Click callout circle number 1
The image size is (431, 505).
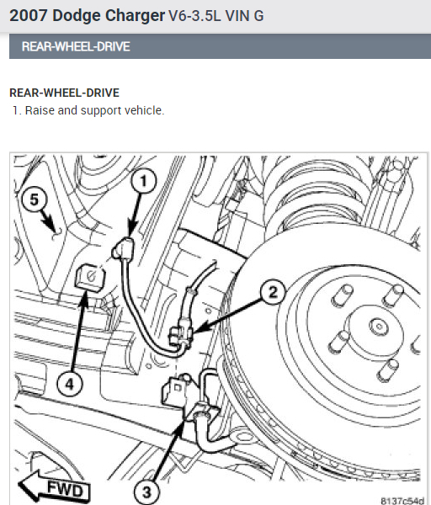144,180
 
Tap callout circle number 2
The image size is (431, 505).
272,292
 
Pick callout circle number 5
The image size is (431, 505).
35,199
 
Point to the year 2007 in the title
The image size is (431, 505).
29,15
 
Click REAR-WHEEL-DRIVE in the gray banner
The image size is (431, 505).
76,47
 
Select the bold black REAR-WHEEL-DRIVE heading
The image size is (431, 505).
64,93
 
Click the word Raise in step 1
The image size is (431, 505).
40,110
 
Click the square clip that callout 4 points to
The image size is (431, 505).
88,276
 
